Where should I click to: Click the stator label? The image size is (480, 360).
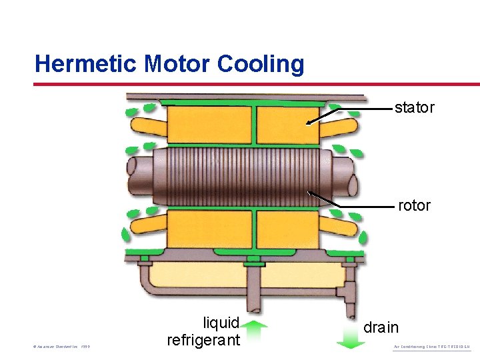(414, 107)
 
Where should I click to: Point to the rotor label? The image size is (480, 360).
(414, 206)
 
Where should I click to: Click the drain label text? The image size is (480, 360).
(381, 327)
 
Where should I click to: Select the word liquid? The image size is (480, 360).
(221, 323)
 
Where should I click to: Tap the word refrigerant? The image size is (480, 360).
(203, 340)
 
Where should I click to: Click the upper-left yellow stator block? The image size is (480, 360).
(209, 125)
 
